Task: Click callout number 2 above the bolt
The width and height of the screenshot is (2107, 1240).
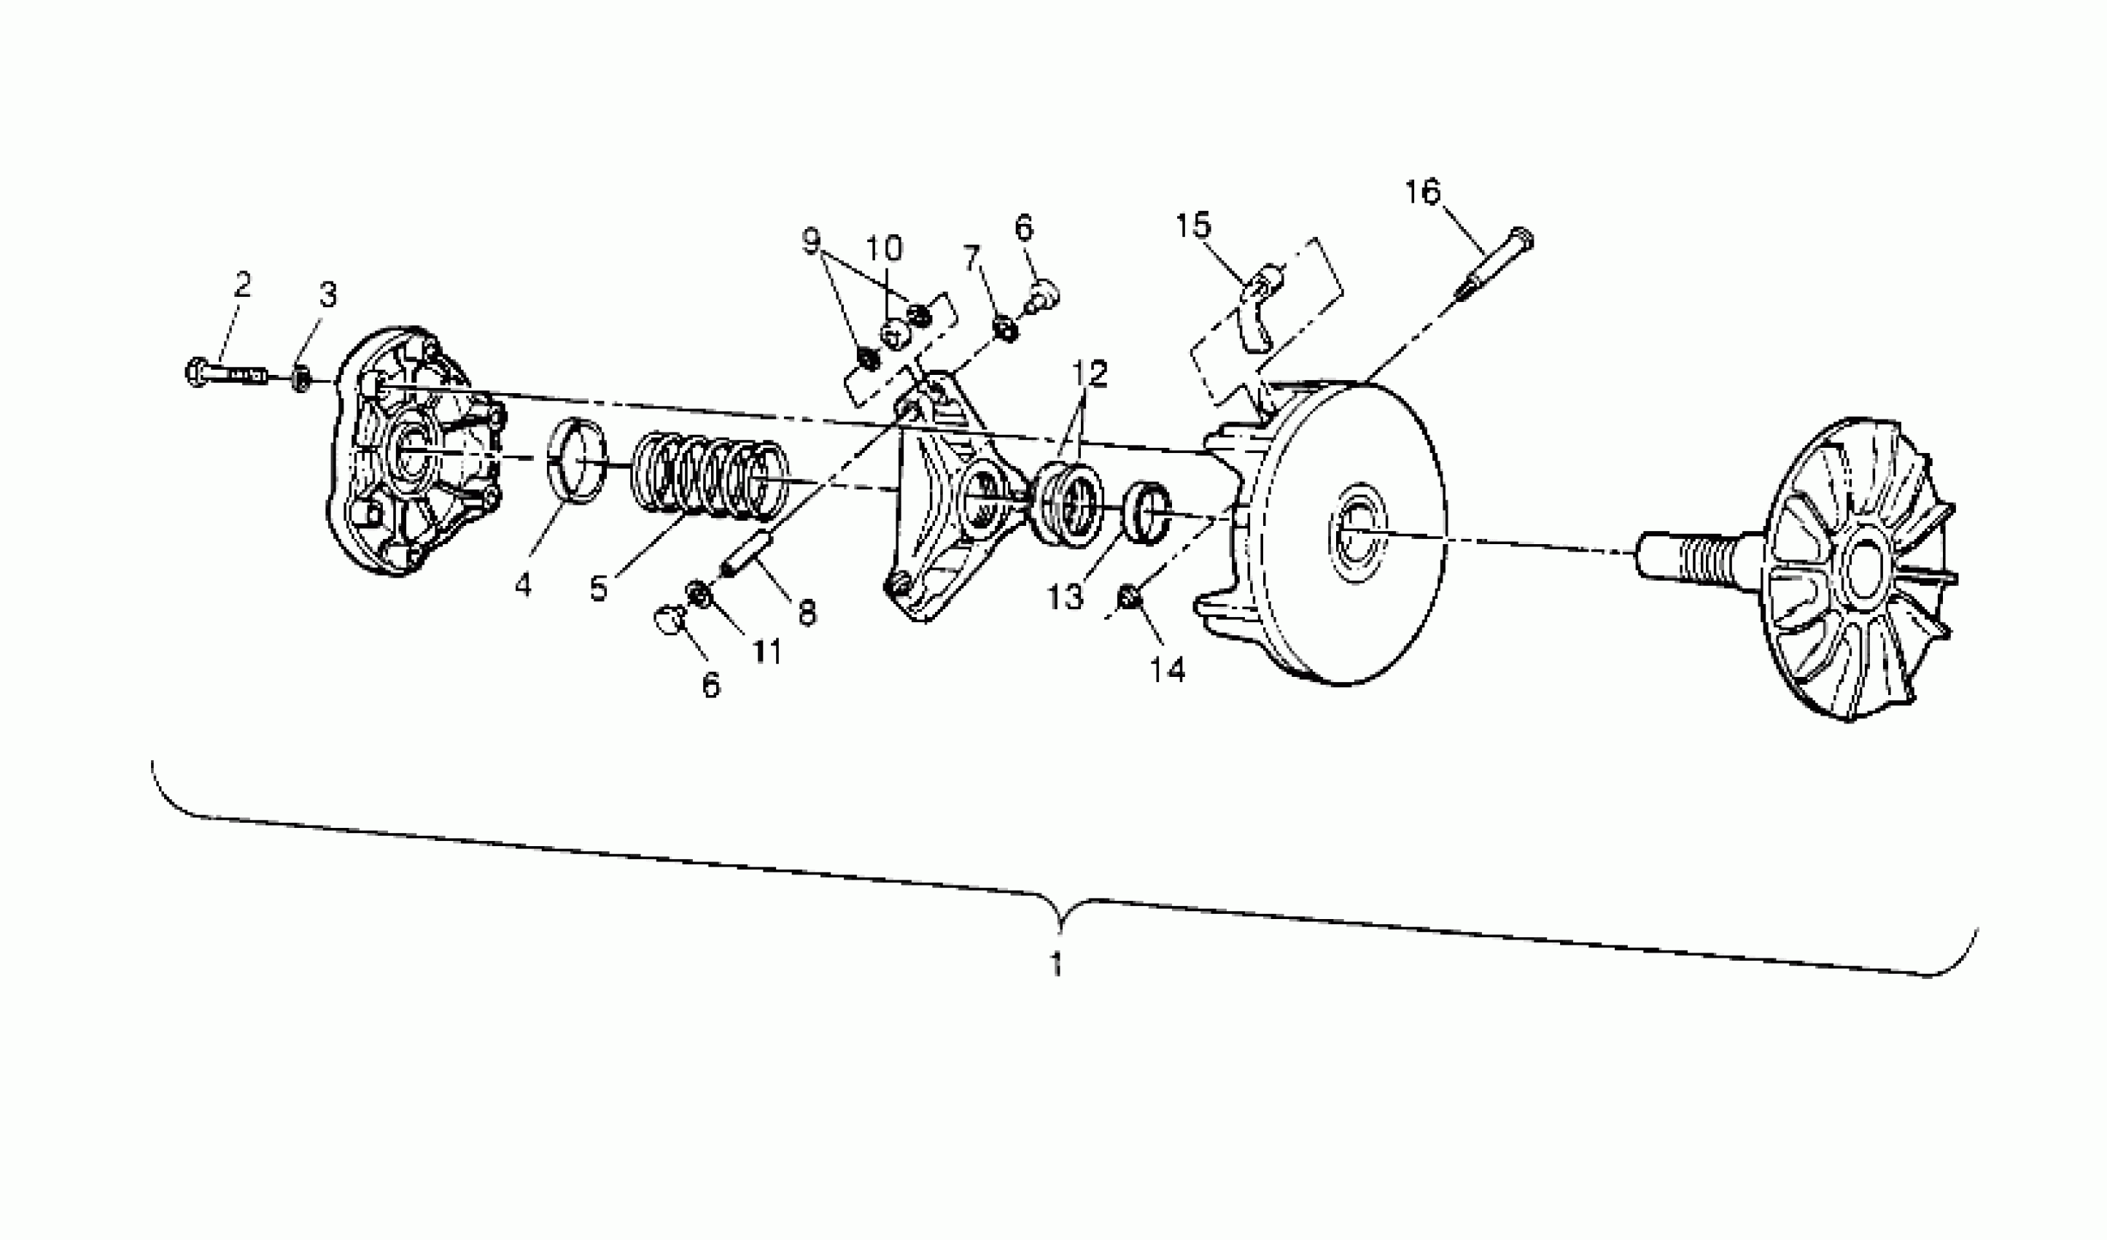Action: click(x=242, y=285)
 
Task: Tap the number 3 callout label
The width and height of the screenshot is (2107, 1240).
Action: click(x=327, y=295)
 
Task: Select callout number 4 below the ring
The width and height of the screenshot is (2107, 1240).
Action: click(x=523, y=585)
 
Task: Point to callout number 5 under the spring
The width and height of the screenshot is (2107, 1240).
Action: click(x=598, y=588)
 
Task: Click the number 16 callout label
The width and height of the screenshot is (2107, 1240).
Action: click(x=1422, y=193)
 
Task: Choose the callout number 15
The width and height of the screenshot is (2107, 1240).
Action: click(x=1193, y=226)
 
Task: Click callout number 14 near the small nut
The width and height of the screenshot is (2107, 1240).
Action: click(x=1167, y=669)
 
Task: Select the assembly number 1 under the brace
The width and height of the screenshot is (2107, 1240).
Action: click(x=1056, y=964)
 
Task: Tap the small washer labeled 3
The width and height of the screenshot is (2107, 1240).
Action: click(x=302, y=379)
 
